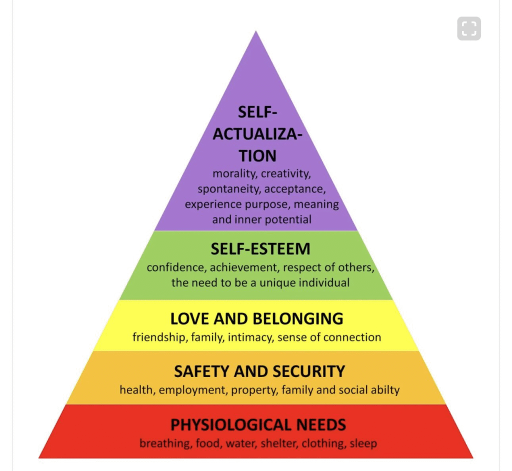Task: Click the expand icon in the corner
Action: point(468,28)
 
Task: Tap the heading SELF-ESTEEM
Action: point(260,248)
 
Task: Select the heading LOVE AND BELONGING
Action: point(256,318)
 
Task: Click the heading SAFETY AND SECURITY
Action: point(259,371)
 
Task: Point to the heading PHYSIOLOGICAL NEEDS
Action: point(258,425)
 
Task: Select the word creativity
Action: point(286,174)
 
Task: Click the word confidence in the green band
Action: point(173,267)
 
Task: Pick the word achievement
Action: point(236,267)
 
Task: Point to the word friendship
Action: point(160,337)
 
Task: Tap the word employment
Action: point(184,390)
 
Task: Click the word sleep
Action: point(363,443)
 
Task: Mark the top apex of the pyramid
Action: point(256,32)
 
